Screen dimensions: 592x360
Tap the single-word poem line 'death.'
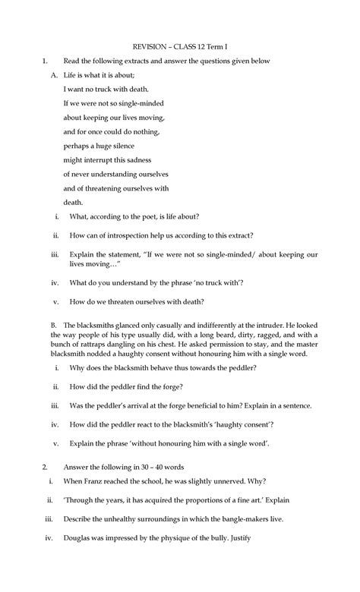pyautogui.click(x=73, y=202)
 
